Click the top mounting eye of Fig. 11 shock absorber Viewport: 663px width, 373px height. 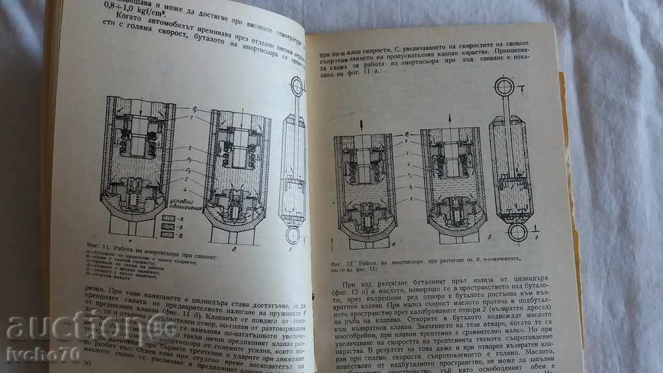[x=297, y=86]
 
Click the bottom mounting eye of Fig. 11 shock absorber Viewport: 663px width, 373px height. [x=293, y=234]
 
